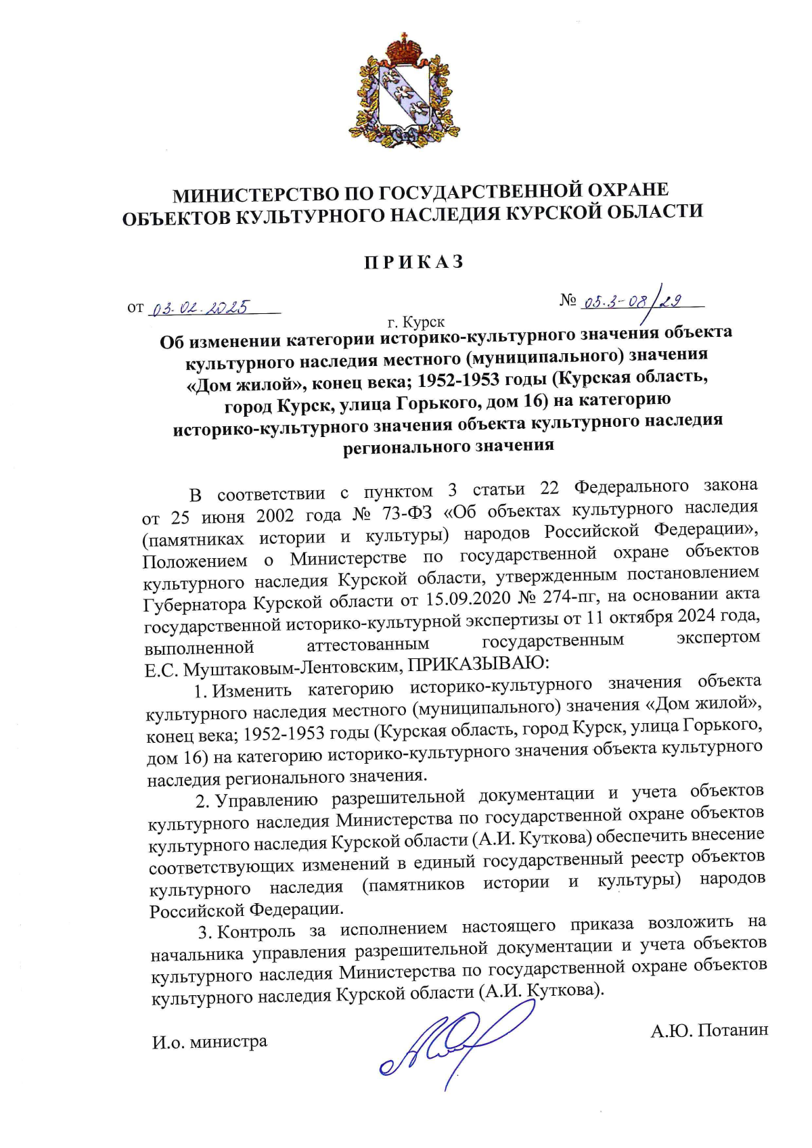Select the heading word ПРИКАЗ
414,262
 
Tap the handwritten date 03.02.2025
201,308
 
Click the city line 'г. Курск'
416,322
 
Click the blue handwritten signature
447,1042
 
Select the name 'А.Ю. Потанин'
709,1030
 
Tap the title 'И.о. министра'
210,1042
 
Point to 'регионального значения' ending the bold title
448,446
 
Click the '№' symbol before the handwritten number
567,300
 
